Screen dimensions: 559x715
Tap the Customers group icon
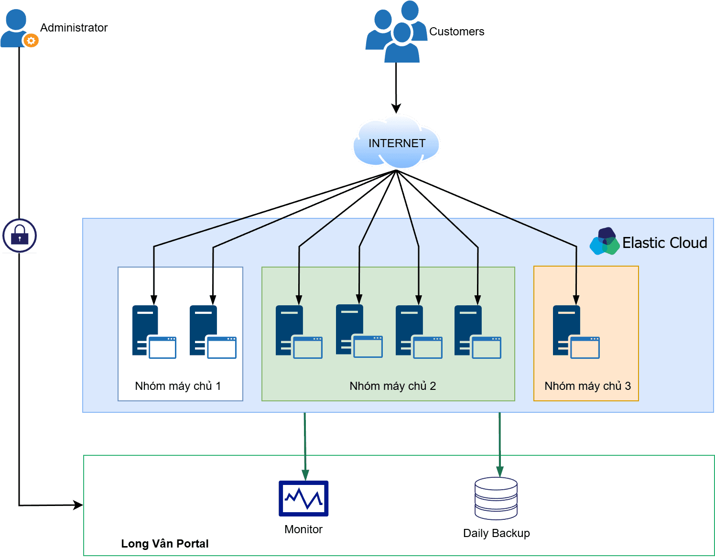(x=396, y=33)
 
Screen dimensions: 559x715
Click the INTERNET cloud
(x=396, y=142)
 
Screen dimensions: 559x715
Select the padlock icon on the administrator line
(x=20, y=236)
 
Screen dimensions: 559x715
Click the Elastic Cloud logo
(x=605, y=242)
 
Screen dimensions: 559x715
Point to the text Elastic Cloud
(x=664, y=243)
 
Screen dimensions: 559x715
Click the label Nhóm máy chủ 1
(x=178, y=386)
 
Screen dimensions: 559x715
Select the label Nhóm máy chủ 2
(x=392, y=386)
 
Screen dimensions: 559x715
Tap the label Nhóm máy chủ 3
(x=587, y=386)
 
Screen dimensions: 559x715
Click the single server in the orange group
(x=575, y=332)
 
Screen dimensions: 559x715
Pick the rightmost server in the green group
(x=477, y=332)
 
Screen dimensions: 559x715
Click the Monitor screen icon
(x=303, y=498)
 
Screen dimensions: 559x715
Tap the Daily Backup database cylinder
(x=496, y=498)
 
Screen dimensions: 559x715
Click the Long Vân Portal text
(x=164, y=544)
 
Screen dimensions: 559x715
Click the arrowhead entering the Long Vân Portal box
(x=78, y=505)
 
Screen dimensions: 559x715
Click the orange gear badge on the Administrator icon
(x=31, y=41)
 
